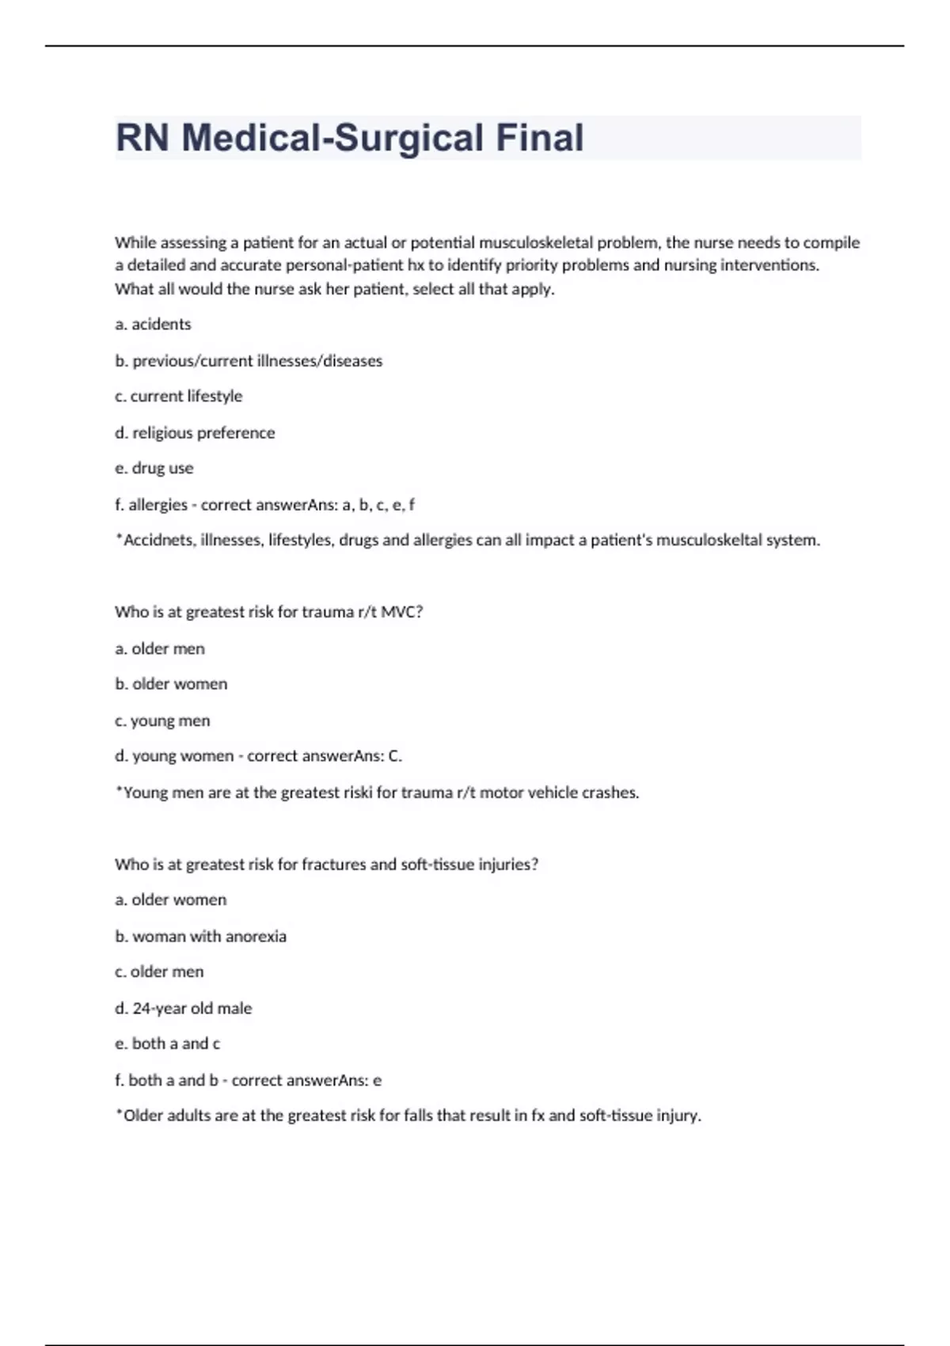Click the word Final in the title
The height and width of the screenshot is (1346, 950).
click(x=540, y=138)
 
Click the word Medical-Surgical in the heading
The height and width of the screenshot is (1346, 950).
click(x=332, y=138)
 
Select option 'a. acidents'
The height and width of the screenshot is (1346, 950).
click(x=153, y=324)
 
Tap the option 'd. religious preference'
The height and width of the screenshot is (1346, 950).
click(x=195, y=432)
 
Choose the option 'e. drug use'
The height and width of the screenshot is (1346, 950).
click(x=154, y=468)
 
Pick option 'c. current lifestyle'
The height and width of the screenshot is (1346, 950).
click(x=178, y=396)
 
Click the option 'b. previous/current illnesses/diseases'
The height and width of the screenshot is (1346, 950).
click(x=249, y=360)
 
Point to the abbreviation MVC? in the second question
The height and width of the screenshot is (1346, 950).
click(x=402, y=612)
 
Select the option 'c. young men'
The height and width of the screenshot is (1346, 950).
click(x=162, y=721)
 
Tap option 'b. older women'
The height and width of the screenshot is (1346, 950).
click(x=171, y=684)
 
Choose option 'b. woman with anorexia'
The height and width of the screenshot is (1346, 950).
click(x=200, y=936)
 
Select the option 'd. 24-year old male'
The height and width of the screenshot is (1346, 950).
click(x=183, y=1008)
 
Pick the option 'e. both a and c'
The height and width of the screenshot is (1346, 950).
click(x=167, y=1044)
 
